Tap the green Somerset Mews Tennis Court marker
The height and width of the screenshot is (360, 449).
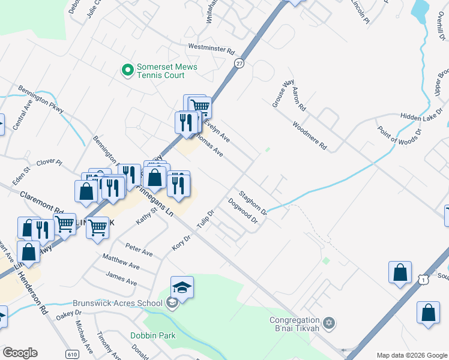127,71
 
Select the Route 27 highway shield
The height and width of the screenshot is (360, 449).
240,63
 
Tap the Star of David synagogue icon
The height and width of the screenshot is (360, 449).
328,324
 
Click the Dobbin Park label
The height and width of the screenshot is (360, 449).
153,335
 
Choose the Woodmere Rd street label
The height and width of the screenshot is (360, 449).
310,136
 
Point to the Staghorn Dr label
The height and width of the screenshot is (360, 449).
252,203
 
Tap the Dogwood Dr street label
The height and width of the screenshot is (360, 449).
243,211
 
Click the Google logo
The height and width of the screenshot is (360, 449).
20,352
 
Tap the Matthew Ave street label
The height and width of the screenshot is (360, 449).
121,262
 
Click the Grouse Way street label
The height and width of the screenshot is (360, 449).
283,93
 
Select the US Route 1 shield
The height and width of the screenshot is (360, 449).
424,280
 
